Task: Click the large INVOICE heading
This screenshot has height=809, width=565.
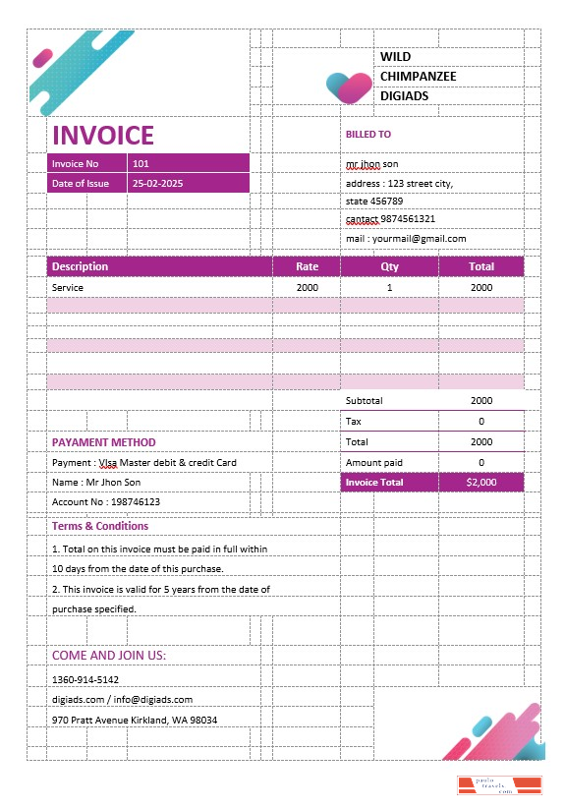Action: (103, 135)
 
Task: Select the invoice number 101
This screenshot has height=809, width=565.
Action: (141, 163)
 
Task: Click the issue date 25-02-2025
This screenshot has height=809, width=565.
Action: (157, 183)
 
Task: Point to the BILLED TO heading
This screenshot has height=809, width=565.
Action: (367, 135)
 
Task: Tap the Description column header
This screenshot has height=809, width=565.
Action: (81, 266)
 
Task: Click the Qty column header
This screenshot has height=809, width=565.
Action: (389, 266)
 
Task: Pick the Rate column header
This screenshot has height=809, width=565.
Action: (308, 266)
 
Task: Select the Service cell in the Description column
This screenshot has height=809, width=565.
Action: (68, 287)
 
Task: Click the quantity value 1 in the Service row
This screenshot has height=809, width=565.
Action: (389, 287)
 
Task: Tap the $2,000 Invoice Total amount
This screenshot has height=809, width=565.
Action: (481, 483)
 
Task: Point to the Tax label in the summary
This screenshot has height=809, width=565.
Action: (354, 421)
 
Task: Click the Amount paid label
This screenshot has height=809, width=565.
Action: (374, 462)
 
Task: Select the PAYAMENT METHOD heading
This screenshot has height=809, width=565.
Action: (104, 442)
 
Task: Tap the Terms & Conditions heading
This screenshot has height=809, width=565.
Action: (100, 526)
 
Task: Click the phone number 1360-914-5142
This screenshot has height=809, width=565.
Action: (85, 679)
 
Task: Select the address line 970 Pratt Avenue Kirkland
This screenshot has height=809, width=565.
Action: (135, 720)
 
